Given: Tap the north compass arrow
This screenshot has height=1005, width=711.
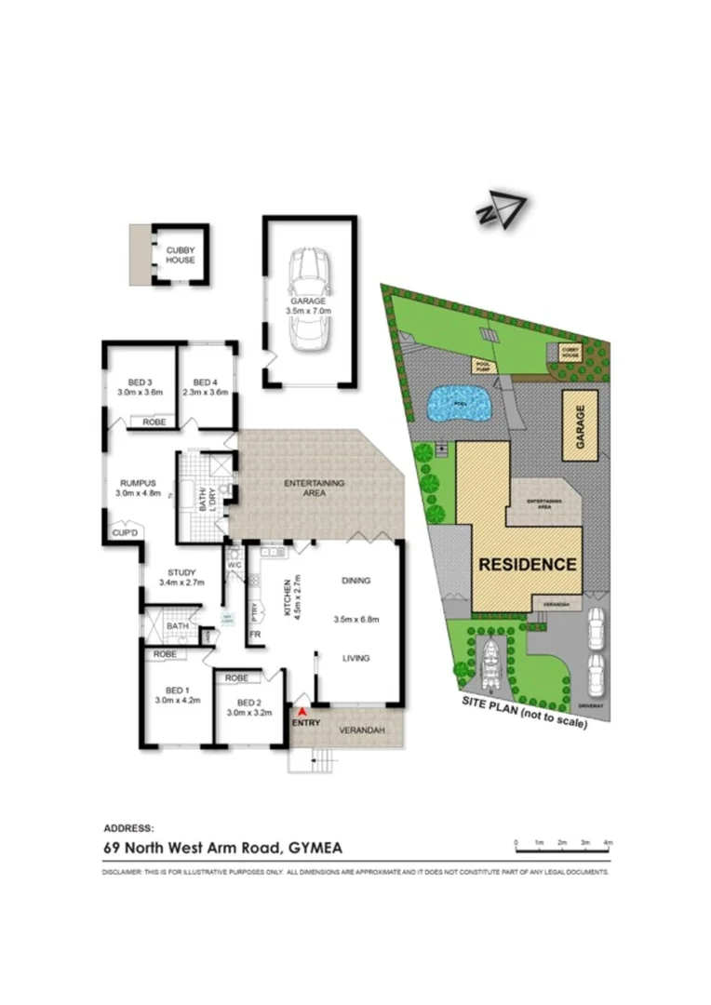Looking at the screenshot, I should pyautogui.click(x=502, y=210).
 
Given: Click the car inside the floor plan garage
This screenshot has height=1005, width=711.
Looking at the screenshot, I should pyautogui.click(x=309, y=300).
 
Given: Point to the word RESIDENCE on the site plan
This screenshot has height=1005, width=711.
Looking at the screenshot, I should pyautogui.click(x=528, y=564).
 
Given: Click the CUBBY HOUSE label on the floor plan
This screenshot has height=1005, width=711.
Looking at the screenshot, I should pyautogui.click(x=181, y=255).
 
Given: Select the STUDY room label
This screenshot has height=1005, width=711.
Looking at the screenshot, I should pyautogui.click(x=181, y=572).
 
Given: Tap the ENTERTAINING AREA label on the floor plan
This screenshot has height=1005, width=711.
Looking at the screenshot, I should pyautogui.click(x=315, y=488).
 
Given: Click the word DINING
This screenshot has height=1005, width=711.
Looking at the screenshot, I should pyautogui.click(x=355, y=581).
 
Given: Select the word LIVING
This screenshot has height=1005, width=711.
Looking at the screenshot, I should pyautogui.click(x=355, y=658).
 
